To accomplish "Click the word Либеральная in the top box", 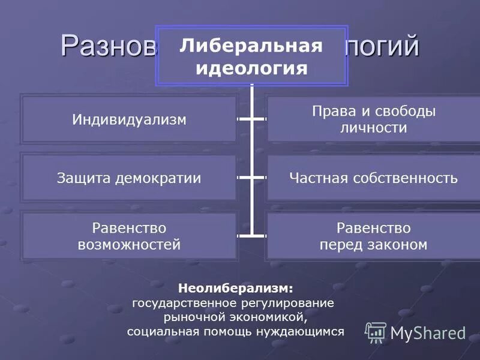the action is [251, 47].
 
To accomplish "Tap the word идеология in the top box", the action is [251, 68].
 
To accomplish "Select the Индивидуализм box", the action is [129, 119].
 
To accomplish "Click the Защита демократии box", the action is [129, 178].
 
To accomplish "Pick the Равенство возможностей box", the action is [129, 236].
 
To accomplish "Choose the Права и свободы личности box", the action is [373, 119].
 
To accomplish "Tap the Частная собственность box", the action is [373, 178].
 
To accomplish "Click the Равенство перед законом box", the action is [373, 236].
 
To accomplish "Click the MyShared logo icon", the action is [376, 332].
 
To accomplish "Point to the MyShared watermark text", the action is [428, 333].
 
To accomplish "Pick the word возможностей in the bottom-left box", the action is [129, 244].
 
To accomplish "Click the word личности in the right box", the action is [373, 128].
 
